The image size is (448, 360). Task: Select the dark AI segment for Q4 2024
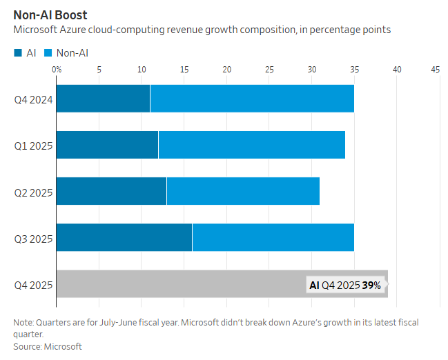tap(103, 98)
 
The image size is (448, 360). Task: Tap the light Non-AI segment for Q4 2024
tap(252, 98)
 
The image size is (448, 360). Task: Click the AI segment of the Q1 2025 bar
tap(107, 144)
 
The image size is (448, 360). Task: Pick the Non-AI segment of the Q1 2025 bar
tap(252, 144)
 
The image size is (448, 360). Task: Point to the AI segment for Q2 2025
tap(111, 190)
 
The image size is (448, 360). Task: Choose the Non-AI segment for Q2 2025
tap(243, 190)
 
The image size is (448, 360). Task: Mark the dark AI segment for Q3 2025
tap(124, 237)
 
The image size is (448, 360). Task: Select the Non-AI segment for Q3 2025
tap(273, 237)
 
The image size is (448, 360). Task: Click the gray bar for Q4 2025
tap(179, 283)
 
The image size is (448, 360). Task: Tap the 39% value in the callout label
tap(372, 285)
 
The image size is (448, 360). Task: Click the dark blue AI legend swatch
tap(17, 52)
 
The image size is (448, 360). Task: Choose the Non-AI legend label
tap(72, 52)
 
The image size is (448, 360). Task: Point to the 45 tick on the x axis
tap(436, 70)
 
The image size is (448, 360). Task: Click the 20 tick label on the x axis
tap(227, 70)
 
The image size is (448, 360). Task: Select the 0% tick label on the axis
tap(57, 70)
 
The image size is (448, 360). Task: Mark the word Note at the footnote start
tap(23, 323)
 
